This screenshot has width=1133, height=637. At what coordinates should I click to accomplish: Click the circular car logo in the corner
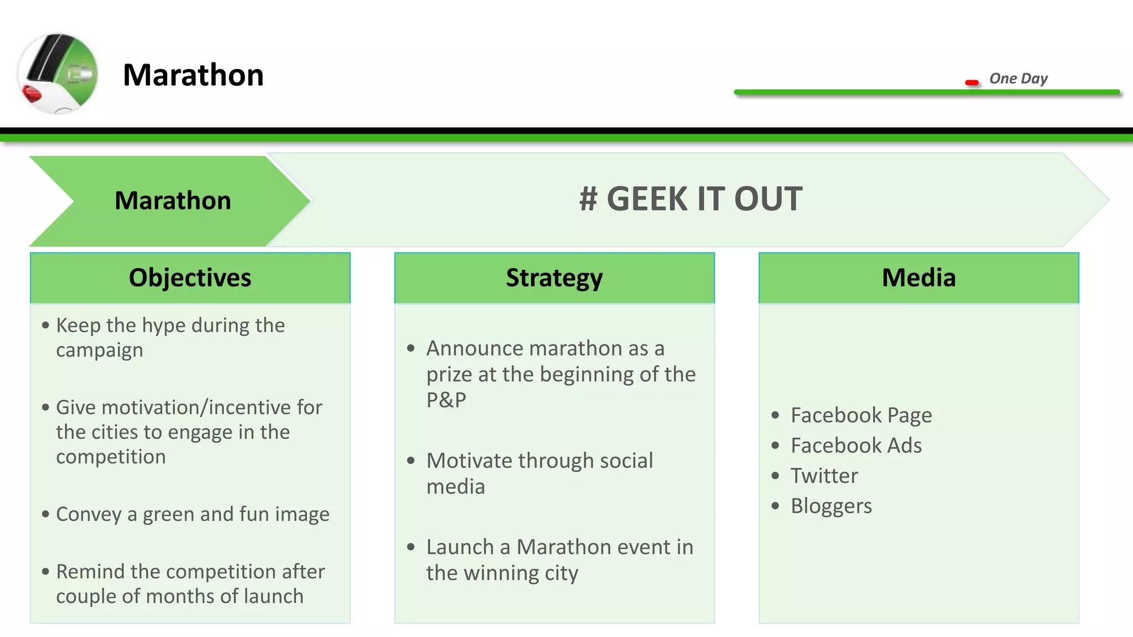tap(58, 74)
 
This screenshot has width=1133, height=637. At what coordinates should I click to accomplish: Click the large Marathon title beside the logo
tap(193, 75)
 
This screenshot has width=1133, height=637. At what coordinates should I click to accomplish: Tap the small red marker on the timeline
tap(971, 83)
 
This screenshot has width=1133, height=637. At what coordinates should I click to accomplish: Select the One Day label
tap(1018, 79)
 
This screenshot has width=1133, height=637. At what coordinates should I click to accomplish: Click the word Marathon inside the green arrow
tap(173, 200)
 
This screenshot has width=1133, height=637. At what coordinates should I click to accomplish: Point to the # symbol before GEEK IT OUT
tap(588, 199)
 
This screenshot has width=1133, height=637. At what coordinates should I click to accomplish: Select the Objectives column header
tap(190, 278)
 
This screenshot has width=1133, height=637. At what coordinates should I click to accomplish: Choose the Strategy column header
tap(554, 278)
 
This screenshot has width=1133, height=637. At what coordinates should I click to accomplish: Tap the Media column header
tap(918, 278)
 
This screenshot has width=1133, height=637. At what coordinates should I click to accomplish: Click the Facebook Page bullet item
tap(861, 415)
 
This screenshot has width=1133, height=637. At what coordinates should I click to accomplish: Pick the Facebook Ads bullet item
tap(856, 446)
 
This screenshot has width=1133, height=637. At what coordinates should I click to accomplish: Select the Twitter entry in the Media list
tap(824, 476)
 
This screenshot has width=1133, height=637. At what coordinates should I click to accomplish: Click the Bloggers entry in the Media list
tap(831, 506)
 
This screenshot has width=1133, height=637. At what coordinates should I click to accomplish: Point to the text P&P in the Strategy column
tap(446, 400)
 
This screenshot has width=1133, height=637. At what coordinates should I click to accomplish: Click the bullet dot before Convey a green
tap(45, 514)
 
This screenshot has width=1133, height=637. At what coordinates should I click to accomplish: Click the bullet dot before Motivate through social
tap(410, 461)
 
